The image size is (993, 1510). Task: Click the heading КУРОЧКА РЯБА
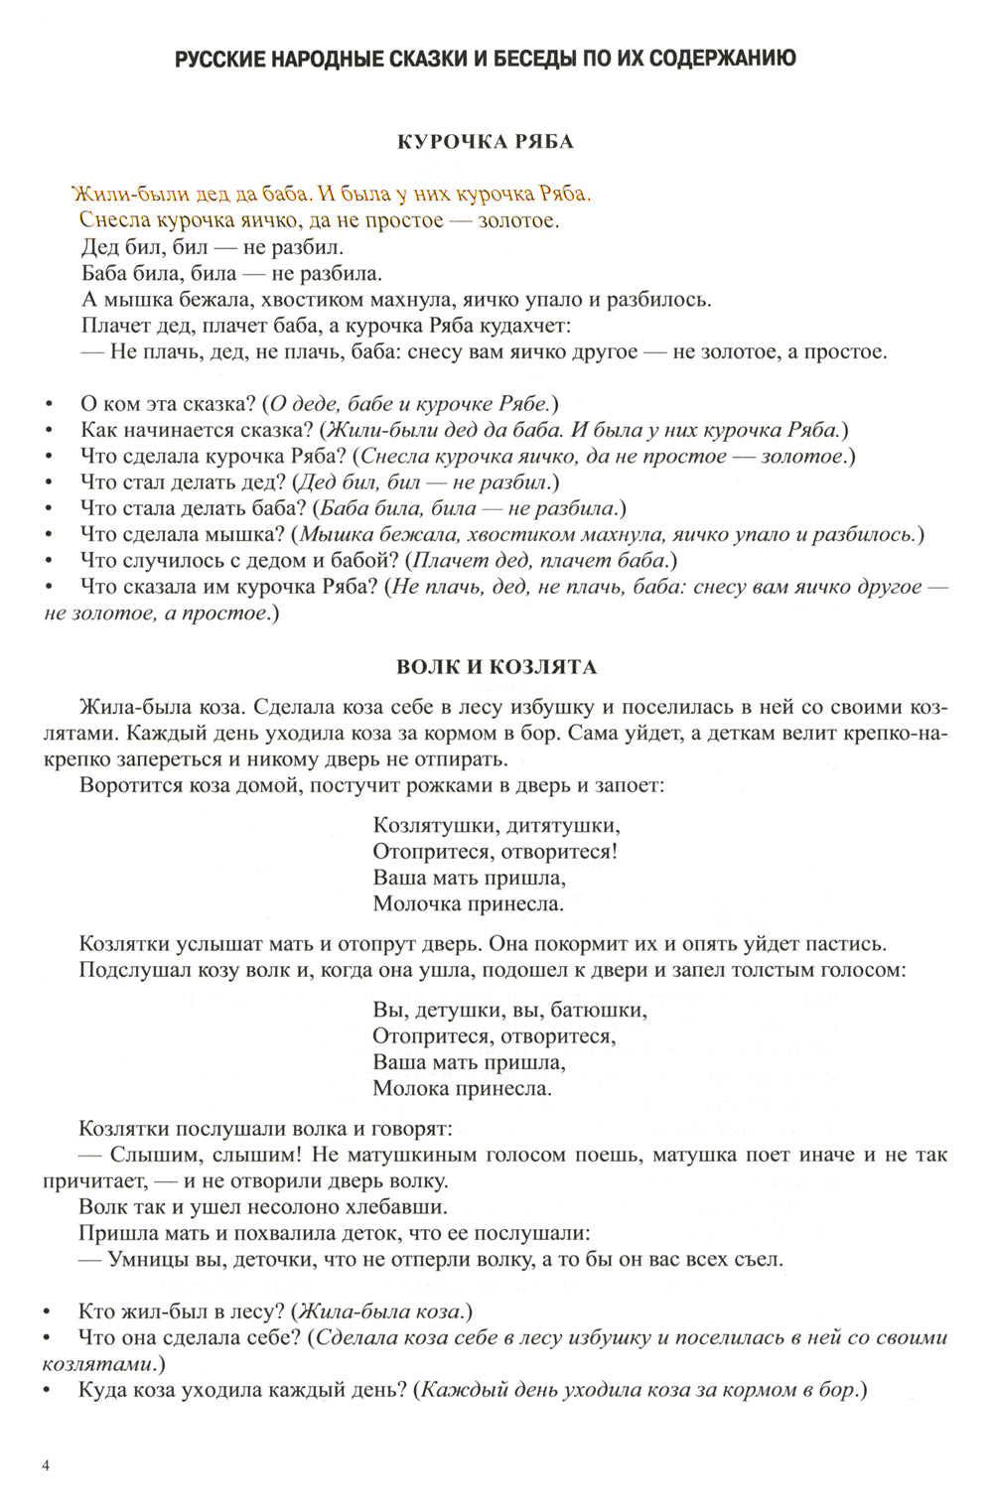click(x=485, y=141)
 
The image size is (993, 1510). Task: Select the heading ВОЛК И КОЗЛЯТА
click(x=496, y=666)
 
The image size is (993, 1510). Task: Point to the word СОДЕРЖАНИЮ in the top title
click(x=713, y=59)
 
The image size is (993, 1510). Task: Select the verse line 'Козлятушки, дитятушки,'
click(x=496, y=825)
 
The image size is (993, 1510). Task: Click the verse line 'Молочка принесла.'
click(x=468, y=903)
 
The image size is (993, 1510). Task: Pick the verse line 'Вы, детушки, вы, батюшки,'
click(x=509, y=1011)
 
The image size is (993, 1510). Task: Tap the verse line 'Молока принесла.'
click(x=462, y=1088)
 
